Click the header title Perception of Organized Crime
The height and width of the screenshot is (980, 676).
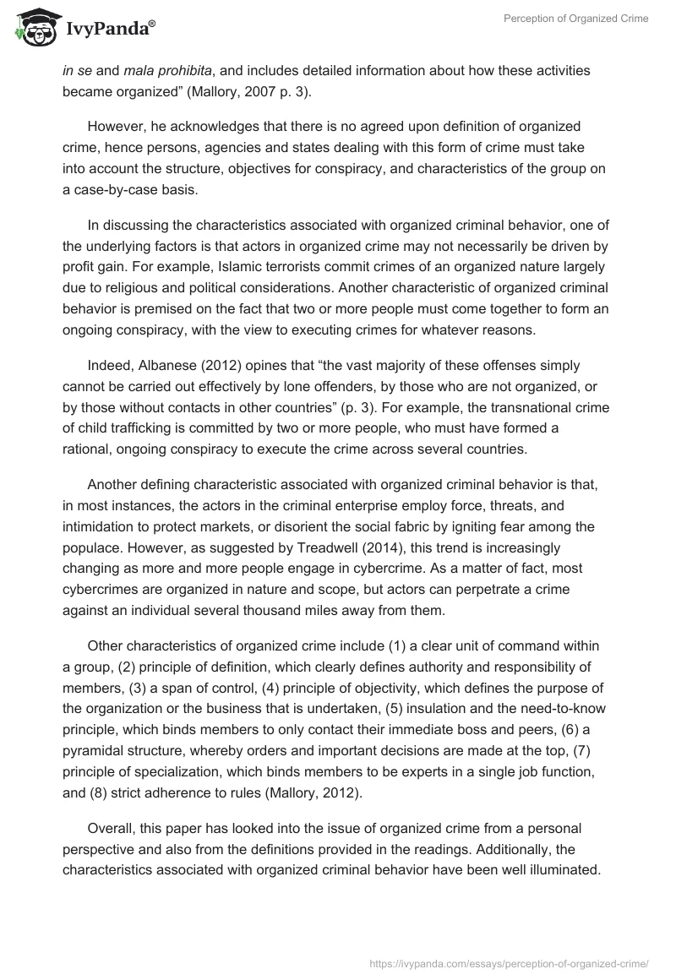tap(575, 19)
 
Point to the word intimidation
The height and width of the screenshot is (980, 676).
tap(98, 525)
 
